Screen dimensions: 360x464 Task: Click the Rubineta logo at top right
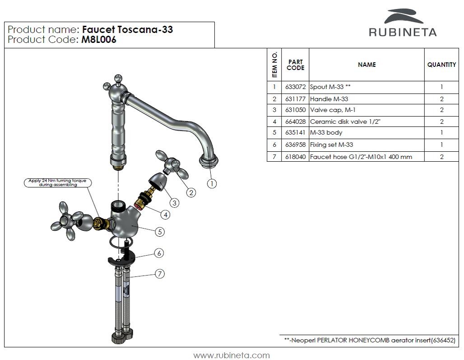coord(403,23)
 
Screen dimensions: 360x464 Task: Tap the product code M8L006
coord(99,40)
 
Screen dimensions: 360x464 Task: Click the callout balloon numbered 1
coord(212,183)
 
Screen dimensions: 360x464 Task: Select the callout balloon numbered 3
coord(174,203)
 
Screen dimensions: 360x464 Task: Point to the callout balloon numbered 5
coord(159,232)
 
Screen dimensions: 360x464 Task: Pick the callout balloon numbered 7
coord(159,273)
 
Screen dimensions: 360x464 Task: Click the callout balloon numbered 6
coord(158,253)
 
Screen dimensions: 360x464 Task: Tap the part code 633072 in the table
coord(295,87)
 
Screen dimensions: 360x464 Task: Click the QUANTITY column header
coord(441,65)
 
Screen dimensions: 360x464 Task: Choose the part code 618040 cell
coord(295,157)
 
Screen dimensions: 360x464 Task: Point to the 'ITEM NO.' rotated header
coord(274,65)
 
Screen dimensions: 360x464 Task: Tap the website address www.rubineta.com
coord(232,355)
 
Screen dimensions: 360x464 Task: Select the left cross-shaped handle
coord(68,221)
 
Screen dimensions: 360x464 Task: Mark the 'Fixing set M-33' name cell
coord(332,145)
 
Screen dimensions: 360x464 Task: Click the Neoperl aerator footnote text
coord(369,341)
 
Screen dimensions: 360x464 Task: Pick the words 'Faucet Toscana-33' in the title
coord(128,30)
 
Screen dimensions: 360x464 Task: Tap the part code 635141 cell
coord(295,133)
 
